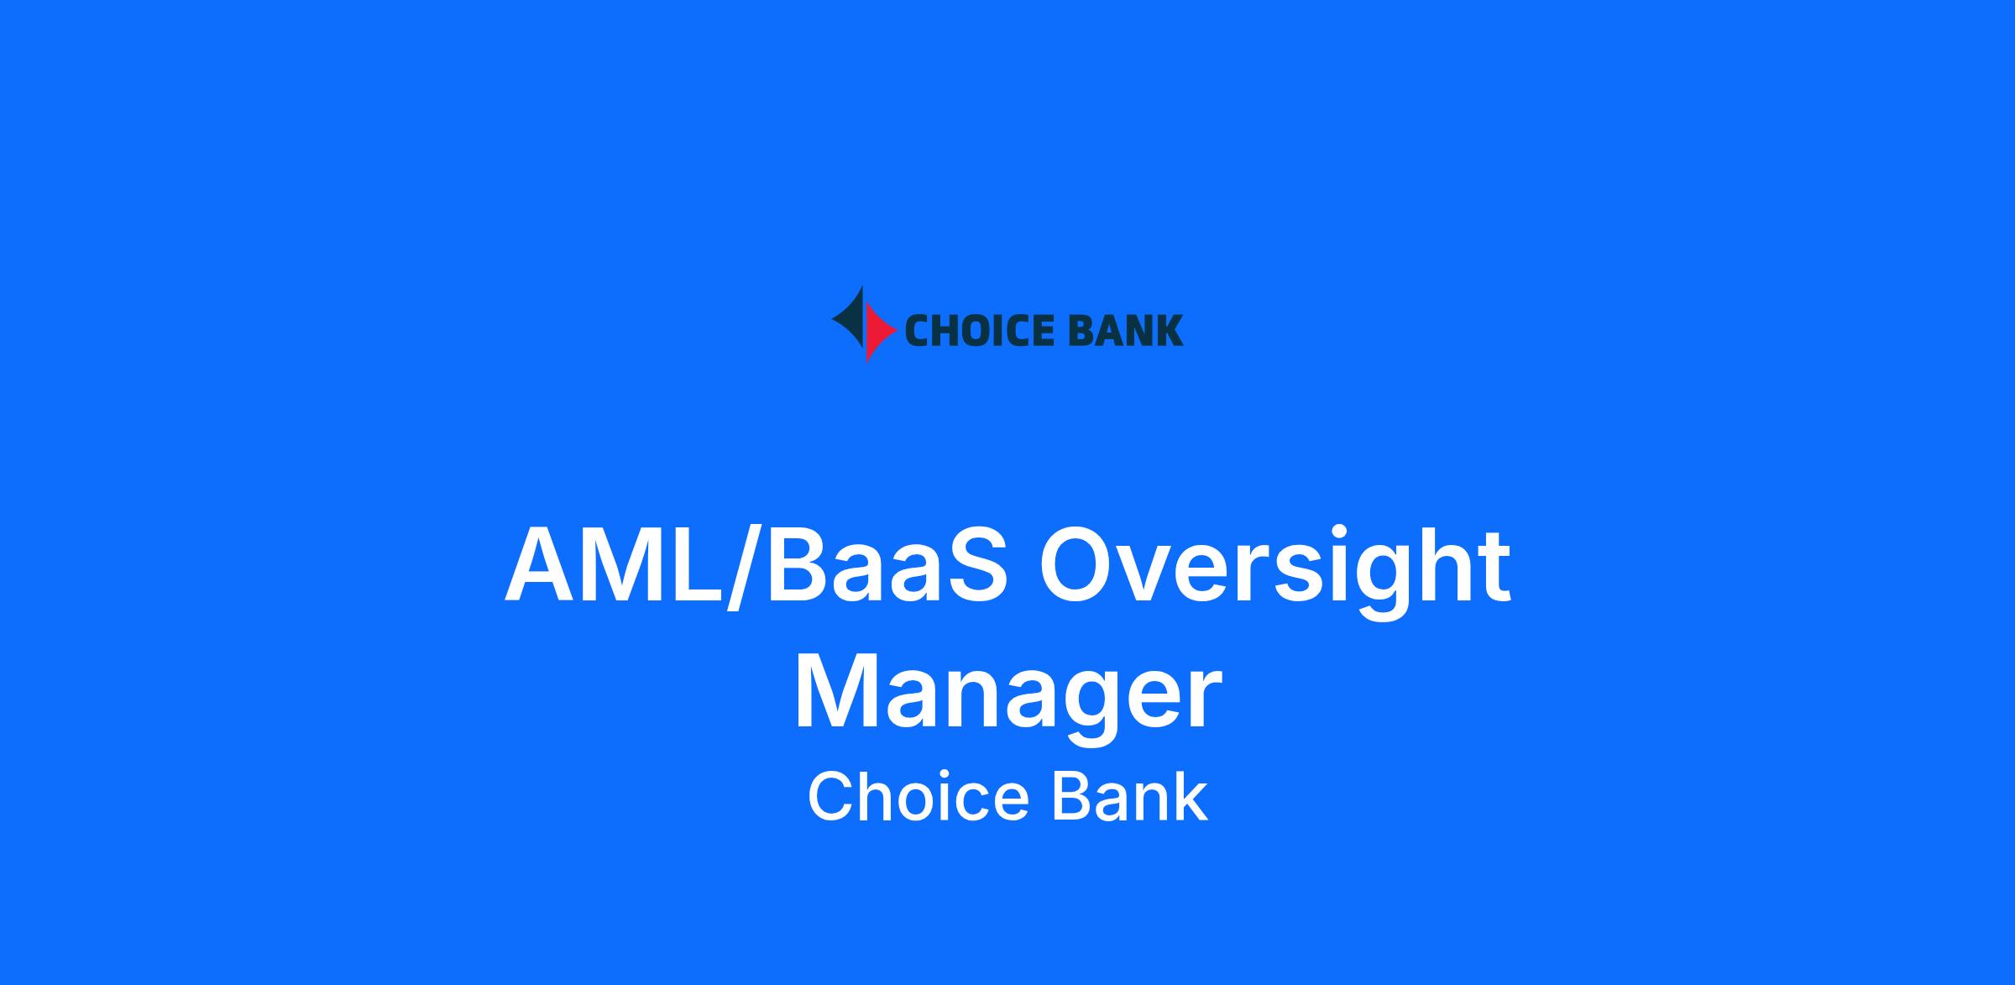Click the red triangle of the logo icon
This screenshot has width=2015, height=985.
pos(877,331)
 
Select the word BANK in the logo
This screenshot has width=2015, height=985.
pos(1116,330)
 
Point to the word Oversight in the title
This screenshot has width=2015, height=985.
pos(1274,569)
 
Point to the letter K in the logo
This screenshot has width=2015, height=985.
pos(1169,330)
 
